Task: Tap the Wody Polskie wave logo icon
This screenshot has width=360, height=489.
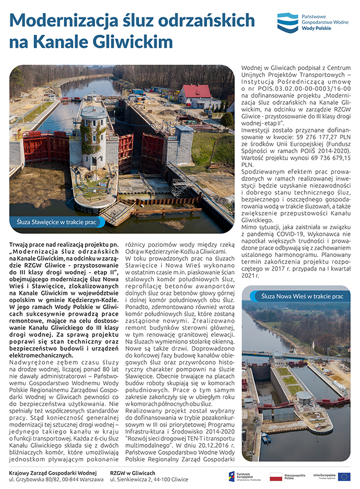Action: tap(288, 23)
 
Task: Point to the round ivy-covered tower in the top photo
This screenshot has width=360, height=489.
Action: tap(94, 136)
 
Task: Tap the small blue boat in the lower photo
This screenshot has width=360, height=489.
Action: tap(265, 438)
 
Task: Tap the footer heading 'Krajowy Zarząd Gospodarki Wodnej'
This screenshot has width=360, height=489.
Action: tap(53, 473)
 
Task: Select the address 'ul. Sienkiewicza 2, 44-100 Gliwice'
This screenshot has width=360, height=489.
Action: tap(149, 480)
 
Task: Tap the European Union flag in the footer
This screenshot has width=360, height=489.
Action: tap(344, 477)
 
